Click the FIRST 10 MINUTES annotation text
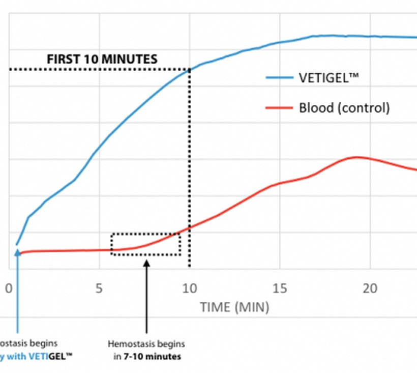(102, 59)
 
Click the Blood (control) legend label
(344, 108)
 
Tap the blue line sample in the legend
(279, 78)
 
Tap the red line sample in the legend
(279, 108)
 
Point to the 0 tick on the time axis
(9, 289)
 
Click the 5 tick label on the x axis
(99, 289)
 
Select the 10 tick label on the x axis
(189, 289)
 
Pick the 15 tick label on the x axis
(280, 289)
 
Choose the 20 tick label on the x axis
(370, 289)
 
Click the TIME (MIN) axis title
(234, 307)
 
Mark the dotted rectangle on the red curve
(146, 244)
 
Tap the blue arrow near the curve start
(18, 290)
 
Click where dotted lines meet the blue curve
(190, 70)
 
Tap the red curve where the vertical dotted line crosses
(190, 227)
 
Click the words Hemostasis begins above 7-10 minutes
(146, 344)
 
